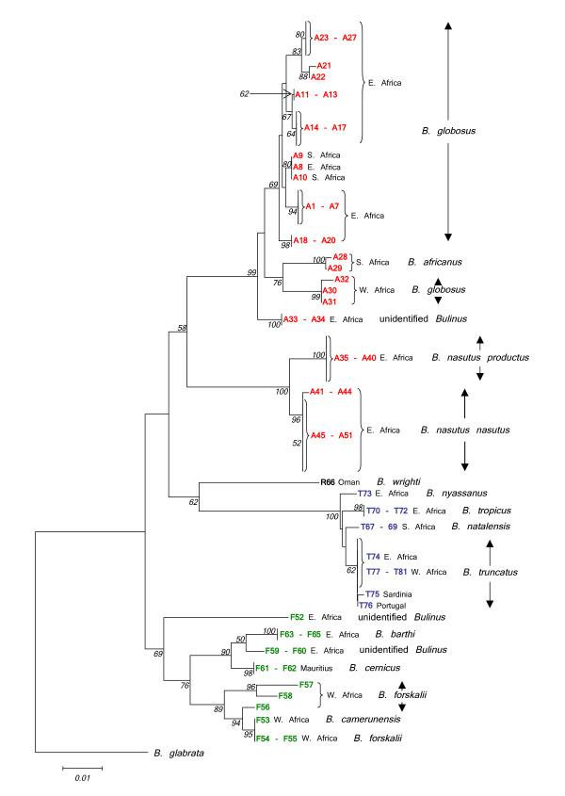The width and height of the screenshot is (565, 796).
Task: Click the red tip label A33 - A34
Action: point(306,320)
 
